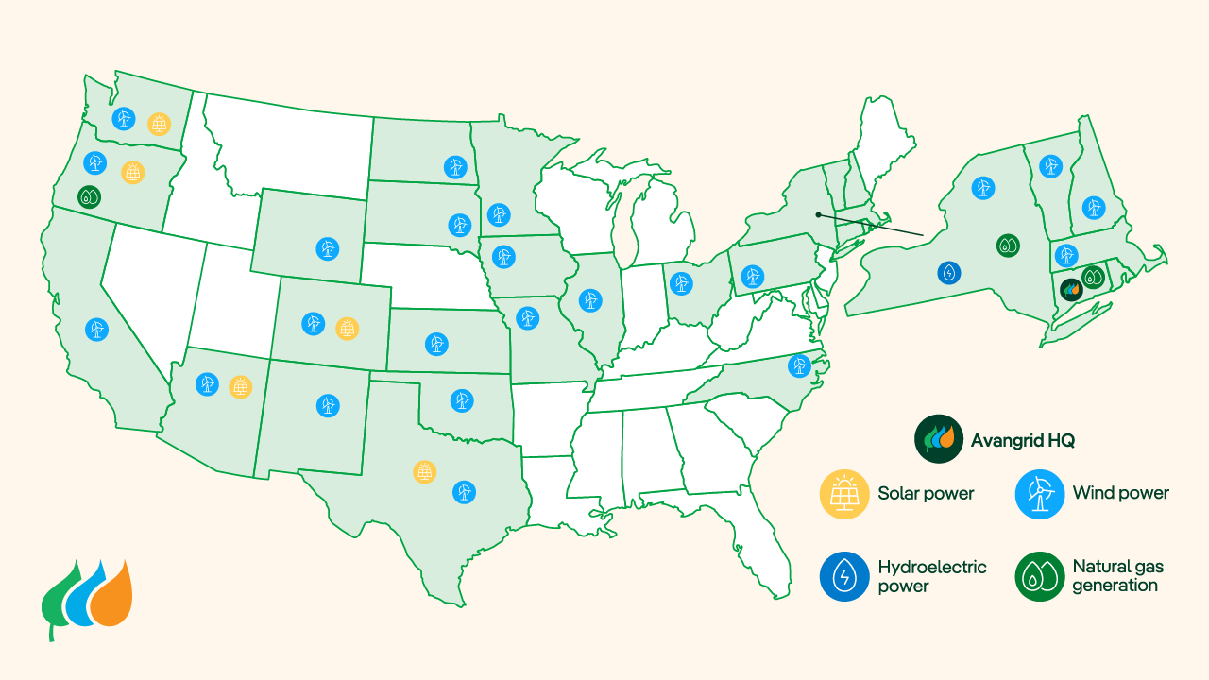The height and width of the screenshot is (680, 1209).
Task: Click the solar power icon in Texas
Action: click(425, 471)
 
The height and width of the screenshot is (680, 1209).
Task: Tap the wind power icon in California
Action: click(96, 330)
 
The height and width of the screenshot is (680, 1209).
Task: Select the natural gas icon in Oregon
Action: click(89, 197)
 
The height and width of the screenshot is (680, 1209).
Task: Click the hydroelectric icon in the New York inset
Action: click(949, 273)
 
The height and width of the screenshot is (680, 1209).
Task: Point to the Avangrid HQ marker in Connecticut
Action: click(1070, 289)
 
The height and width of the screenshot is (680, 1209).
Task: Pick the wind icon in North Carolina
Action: click(799, 365)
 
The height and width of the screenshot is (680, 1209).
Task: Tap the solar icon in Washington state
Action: click(160, 124)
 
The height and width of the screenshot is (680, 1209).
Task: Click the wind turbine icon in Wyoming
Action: click(327, 248)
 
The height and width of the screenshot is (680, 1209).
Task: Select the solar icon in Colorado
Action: click(347, 328)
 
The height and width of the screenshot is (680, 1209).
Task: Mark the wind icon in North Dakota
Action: click(455, 167)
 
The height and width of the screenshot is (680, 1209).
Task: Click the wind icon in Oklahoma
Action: click(461, 400)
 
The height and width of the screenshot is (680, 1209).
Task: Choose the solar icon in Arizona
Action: click(241, 386)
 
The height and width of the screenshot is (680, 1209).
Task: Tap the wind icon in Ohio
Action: click(678, 282)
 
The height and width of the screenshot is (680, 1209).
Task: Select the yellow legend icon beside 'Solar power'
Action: click(844, 493)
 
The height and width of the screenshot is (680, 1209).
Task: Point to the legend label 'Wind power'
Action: click(1120, 493)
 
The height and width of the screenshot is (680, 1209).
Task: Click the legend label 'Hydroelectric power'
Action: click(931, 576)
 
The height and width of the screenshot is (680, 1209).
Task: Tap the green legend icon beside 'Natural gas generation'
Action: click(1039, 576)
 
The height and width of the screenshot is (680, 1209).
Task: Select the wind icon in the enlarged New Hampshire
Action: click(1093, 208)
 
